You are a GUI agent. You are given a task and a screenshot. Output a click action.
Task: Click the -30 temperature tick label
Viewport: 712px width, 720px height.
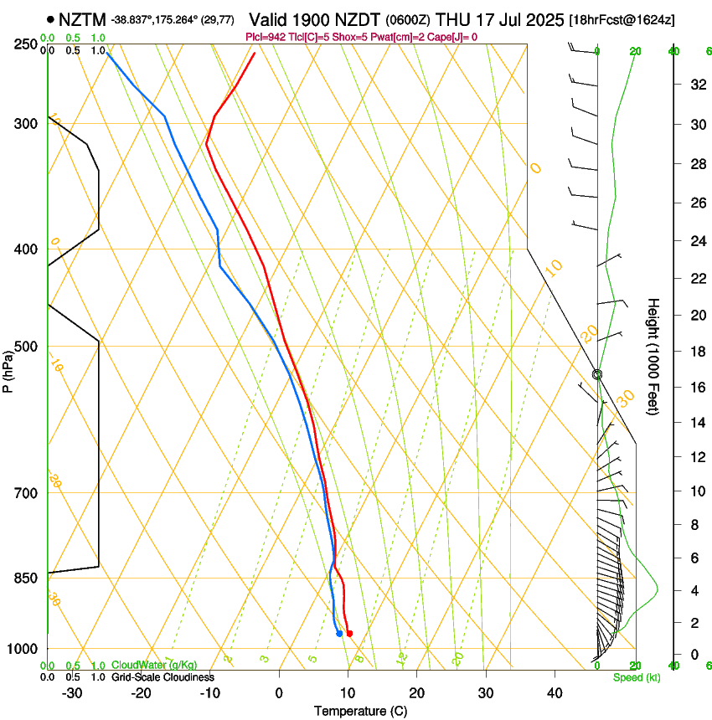coord(72,693)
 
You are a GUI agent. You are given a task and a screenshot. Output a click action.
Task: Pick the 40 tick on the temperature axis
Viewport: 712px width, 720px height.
coord(554,693)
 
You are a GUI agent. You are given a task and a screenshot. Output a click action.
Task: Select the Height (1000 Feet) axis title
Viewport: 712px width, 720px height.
coord(653,356)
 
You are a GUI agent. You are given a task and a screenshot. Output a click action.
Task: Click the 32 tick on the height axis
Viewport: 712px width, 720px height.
coord(696,85)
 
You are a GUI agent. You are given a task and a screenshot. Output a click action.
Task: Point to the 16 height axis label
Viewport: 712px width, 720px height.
coord(696,387)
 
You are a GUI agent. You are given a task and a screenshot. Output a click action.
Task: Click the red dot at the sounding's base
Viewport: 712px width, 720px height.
coord(349,633)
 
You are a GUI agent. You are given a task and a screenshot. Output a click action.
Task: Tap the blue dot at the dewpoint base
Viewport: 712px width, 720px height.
coord(339,633)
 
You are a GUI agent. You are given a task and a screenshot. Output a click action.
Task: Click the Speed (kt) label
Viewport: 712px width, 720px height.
coord(636,677)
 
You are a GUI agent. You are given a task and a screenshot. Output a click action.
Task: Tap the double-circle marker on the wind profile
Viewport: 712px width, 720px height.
coord(597,375)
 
